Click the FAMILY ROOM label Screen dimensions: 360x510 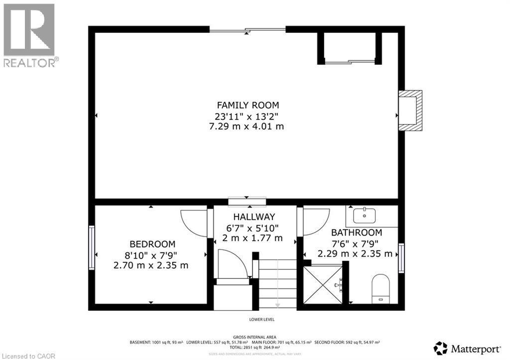coord(248,105)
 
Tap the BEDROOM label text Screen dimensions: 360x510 coord(152,244)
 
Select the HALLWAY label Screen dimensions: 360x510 coord(254,217)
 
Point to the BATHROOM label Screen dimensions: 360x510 coord(357,233)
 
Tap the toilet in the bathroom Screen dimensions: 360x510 coord(381,288)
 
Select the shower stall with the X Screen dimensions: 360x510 coord(322,285)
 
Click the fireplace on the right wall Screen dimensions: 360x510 coord(410,111)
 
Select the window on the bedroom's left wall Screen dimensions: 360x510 coord(92,247)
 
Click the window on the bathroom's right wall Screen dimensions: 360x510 coord(401,258)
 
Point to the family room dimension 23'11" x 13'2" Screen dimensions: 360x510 coord(248,116)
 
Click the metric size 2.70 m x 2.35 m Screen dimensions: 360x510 coord(151,265)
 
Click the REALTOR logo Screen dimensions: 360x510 coord(29,35)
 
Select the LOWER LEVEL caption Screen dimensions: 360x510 coord(262,320)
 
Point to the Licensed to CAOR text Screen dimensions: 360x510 coord(28,356)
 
